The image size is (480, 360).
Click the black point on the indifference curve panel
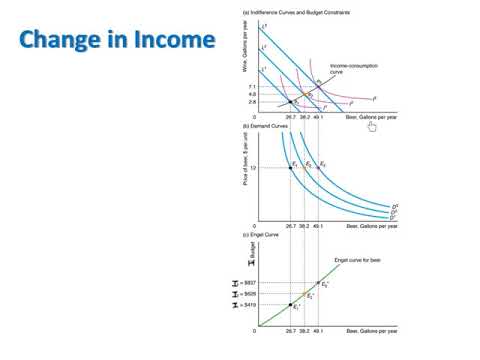(291, 102)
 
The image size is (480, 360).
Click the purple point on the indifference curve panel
(318, 87)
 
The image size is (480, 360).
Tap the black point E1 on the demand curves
(291, 167)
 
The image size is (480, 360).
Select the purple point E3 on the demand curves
(318, 167)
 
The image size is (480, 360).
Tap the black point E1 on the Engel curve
(291, 304)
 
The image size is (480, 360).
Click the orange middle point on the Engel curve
(304, 294)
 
